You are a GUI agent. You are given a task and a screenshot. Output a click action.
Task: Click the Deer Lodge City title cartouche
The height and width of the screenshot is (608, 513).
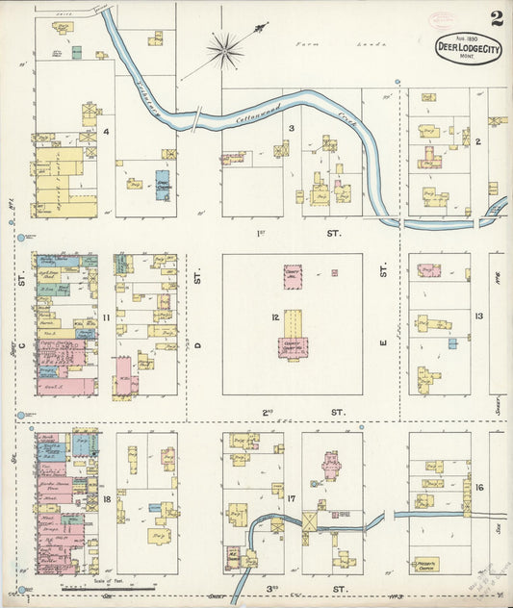pyautogui.click(x=468, y=49)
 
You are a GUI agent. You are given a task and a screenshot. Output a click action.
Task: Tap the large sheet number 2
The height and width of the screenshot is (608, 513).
pyautogui.click(x=496, y=17)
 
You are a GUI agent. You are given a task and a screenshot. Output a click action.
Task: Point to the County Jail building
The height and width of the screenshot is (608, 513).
pyautogui.click(x=293, y=276)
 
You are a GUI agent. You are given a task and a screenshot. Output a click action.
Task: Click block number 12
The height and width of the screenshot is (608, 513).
pyautogui.click(x=275, y=317)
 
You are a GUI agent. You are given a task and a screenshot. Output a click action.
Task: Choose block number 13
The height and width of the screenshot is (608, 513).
pyautogui.click(x=478, y=317)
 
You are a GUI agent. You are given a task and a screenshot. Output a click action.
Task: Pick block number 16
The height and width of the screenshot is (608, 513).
pyautogui.click(x=478, y=488)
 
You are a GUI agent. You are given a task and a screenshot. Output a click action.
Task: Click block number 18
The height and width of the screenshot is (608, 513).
pyautogui.click(x=108, y=500)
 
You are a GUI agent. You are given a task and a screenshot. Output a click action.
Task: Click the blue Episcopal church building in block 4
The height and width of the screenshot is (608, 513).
pyautogui.click(x=162, y=185)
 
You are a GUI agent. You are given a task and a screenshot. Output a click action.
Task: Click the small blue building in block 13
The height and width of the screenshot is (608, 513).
pyautogui.click(x=451, y=342)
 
